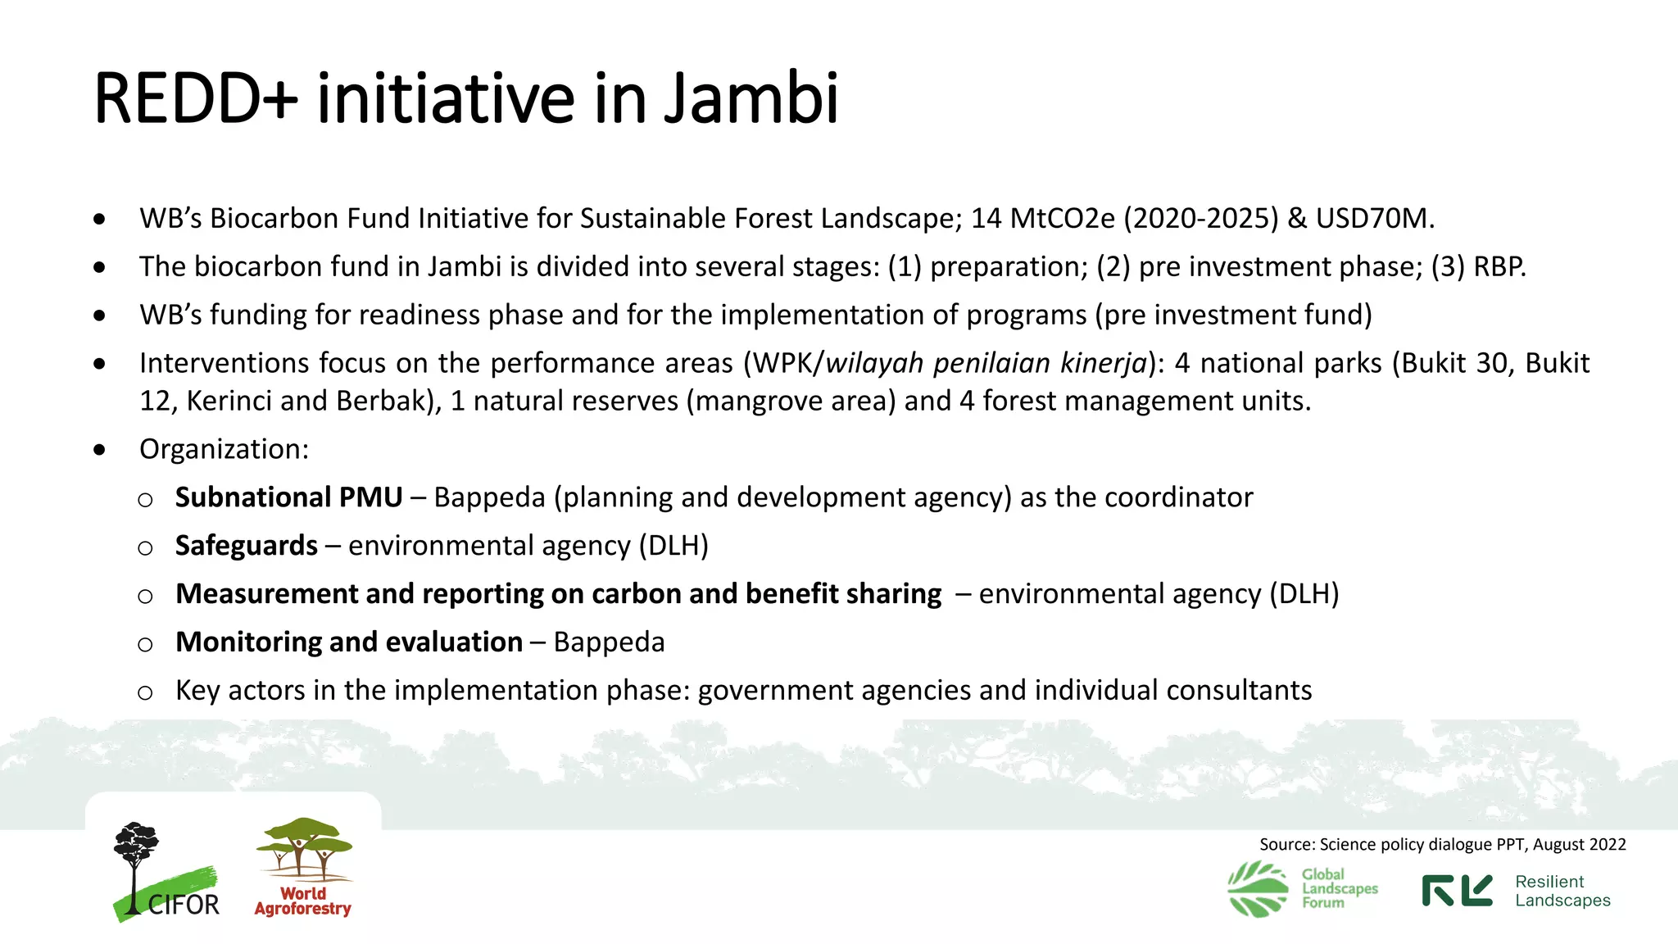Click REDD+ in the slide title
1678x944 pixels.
pyautogui.click(x=196, y=98)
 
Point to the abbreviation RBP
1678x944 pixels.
pyautogui.click(x=1499, y=267)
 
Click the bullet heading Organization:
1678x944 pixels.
pyautogui.click(x=224, y=449)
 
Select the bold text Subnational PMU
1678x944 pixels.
pyautogui.click(x=288, y=497)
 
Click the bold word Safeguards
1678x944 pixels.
pyautogui.click(x=246, y=546)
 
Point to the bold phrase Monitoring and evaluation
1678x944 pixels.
pyautogui.click(x=349, y=642)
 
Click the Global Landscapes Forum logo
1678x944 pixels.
pyautogui.click(x=1303, y=888)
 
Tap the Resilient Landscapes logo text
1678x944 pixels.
pyautogui.click(x=1562, y=891)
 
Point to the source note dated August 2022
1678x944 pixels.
pyautogui.click(x=1442, y=845)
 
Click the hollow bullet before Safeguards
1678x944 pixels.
pyautogui.click(x=145, y=548)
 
